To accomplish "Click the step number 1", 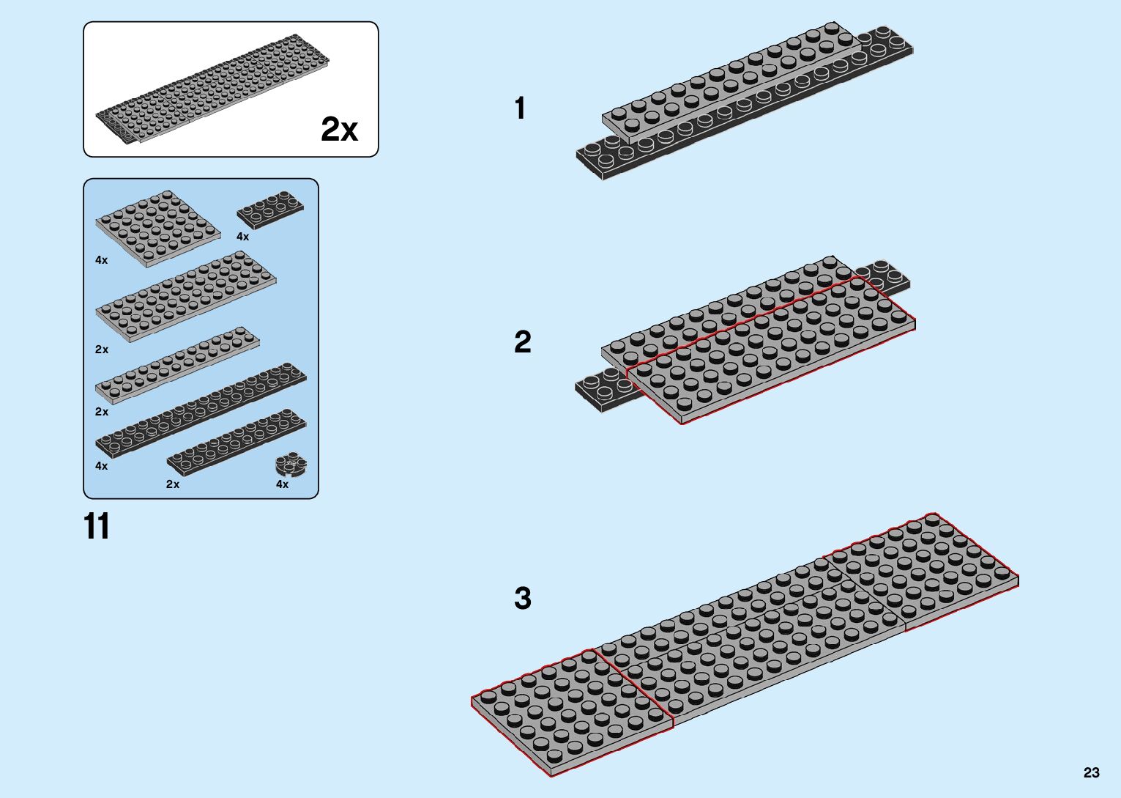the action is [x=520, y=108].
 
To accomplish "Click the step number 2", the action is [x=522, y=342].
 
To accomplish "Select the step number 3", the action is [x=522, y=598].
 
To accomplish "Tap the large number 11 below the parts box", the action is [x=97, y=526].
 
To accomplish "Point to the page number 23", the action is [x=1091, y=772].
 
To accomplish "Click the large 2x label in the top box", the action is [x=339, y=130].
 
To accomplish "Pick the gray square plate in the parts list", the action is [x=157, y=227].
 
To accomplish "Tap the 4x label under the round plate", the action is [x=282, y=484].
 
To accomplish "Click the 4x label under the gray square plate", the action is [x=101, y=260].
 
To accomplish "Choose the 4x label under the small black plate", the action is [x=242, y=237].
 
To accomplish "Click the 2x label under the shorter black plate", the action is [x=173, y=484].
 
